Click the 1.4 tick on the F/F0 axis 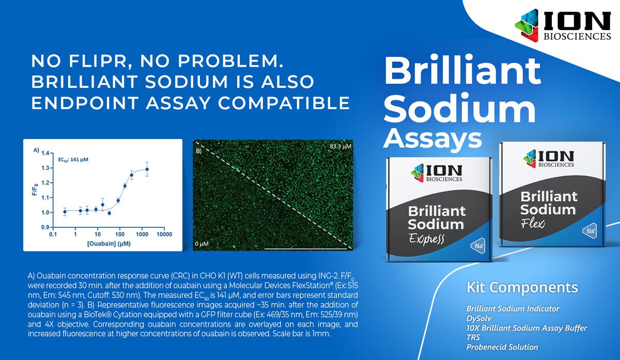[x=45, y=153]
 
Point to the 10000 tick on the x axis [x=164, y=234]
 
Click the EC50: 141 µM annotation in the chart [x=73, y=160]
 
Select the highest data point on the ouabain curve [x=147, y=169]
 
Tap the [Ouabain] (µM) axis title [x=109, y=244]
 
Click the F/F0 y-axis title [x=35, y=189]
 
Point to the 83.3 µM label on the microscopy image [x=340, y=146]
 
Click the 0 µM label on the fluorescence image [x=202, y=244]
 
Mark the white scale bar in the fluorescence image [x=305, y=249]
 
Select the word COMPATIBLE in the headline [x=284, y=103]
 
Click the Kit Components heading [x=522, y=288]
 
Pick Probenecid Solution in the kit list [x=502, y=347]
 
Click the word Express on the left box [x=426, y=239]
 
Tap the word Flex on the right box [x=533, y=223]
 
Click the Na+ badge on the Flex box [x=590, y=231]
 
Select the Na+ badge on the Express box [x=478, y=246]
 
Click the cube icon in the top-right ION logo [x=526, y=26]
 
